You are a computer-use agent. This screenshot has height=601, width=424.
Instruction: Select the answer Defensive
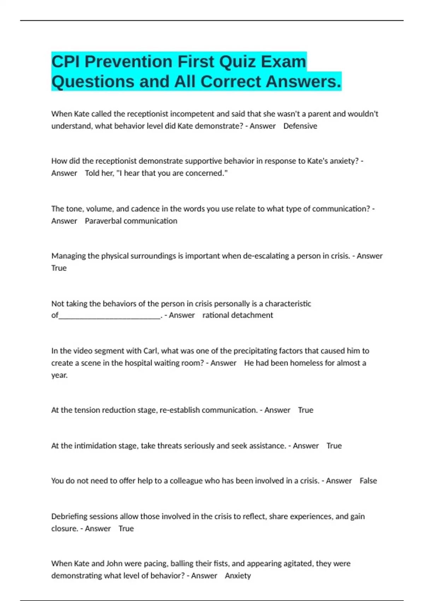(x=300, y=126)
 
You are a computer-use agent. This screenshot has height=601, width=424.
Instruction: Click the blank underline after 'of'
(x=110, y=315)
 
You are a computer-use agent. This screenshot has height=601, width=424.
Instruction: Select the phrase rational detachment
(x=237, y=315)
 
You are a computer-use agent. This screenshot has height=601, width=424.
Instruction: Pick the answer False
(x=368, y=481)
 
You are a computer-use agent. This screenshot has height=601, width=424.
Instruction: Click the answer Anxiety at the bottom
(x=238, y=576)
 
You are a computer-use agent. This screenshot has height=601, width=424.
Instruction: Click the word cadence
(x=145, y=209)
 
